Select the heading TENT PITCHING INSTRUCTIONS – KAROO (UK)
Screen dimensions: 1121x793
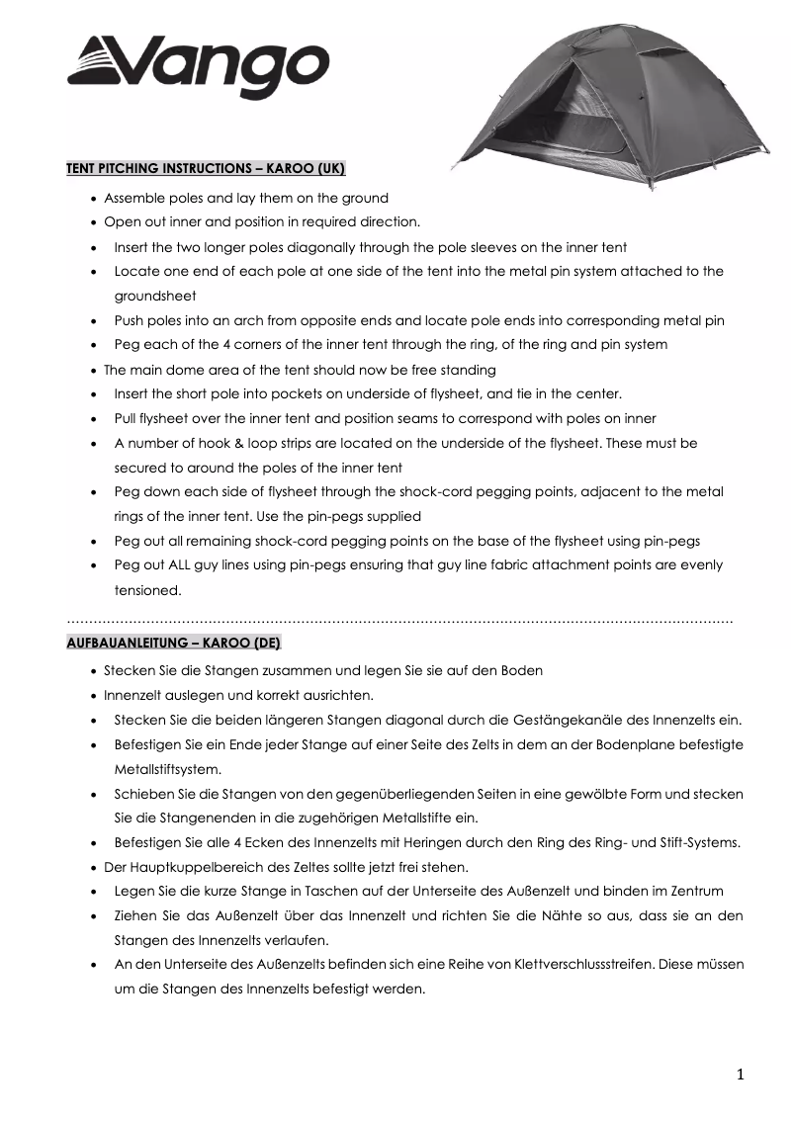pyautogui.click(x=206, y=169)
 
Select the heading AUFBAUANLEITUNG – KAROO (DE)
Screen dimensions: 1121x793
pyautogui.click(x=174, y=643)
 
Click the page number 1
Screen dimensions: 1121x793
pyautogui.click(x=740, y=1075)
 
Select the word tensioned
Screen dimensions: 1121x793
pyautogui.click(x=147, y=590)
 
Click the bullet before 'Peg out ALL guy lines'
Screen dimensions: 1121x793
pyautogui.click(x=92, y=566)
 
